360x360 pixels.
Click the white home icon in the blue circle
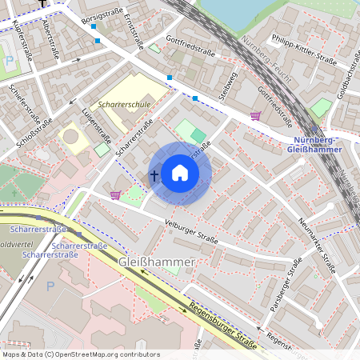tap(180, 173)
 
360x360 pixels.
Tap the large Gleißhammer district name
tap(157, 262)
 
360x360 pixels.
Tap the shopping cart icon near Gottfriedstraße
tap(255, 116)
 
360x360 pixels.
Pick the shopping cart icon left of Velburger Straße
tap(115, 194)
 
